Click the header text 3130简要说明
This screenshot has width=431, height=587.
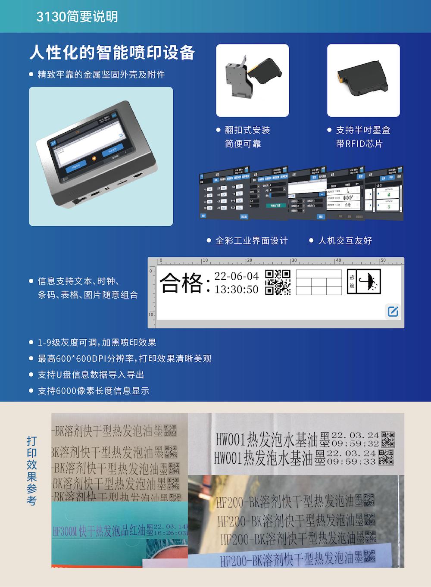[x=77, y=17]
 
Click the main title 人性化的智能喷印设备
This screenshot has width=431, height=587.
[x=112, y=53]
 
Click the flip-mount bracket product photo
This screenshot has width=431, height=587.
[x=252, y=80]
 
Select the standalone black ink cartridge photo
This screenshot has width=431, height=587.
[x=364, y=80]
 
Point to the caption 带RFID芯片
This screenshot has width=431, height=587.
[x=359, y=144]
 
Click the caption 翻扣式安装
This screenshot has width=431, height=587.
[x=247, y=130]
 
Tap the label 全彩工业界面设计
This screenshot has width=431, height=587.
[x=251, y=240]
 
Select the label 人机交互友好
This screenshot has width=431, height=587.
[x=344, y=240]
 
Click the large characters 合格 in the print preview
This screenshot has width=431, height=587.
[x=181, y=283]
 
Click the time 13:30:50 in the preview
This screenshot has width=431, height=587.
[x=236, y=289]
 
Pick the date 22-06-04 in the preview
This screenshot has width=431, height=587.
[x=236, y=276]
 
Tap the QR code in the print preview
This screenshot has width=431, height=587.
[x=278, y=282]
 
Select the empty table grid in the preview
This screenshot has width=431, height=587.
[x=319, y=283]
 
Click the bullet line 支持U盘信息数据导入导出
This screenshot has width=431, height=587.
[x=91, y=375]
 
